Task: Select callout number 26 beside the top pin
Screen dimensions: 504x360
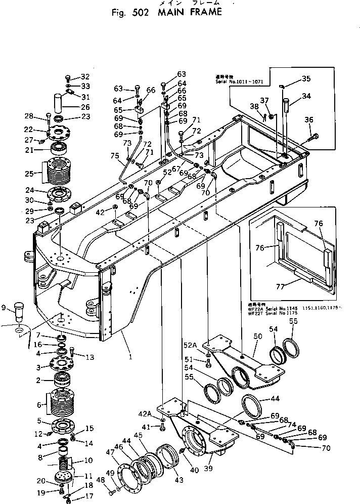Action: coord(85,107)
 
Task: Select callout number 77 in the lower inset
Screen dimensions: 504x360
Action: coord(294,286)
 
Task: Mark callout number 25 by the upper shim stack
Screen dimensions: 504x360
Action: coord(29,174)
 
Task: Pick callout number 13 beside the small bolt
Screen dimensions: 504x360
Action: coord(90,357)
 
